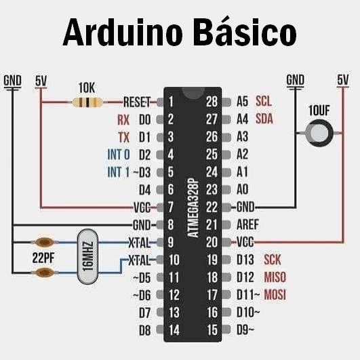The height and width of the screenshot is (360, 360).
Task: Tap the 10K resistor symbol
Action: pos(87,102)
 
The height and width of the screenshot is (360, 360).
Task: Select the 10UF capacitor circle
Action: pos(319,132)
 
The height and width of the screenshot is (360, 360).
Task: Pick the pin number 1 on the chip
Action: pos(172,102)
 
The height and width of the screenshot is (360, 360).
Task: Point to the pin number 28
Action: pos(212,102)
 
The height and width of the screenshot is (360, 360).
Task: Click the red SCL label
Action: pos(264,102)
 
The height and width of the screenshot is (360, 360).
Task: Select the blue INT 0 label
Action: pos(118,155)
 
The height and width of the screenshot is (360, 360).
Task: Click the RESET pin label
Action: pos(136,102)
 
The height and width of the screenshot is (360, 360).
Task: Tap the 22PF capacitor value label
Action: pos(43,258)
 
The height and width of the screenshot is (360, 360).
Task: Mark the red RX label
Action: pos(123,120)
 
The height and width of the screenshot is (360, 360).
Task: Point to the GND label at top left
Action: pos(12,81)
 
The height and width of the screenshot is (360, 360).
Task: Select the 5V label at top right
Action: pos(343,80)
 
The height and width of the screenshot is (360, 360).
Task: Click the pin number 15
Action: pos(212,330)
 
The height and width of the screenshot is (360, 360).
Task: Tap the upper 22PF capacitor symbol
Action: pos(45,242)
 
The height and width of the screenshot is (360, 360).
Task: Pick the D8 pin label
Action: pos(144,330)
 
